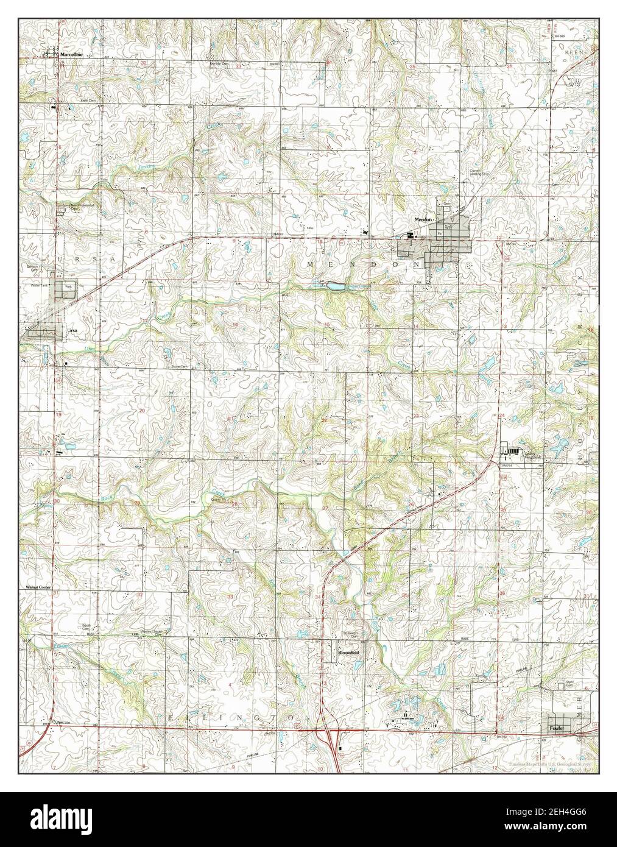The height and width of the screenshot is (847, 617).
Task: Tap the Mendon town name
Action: [423, 219]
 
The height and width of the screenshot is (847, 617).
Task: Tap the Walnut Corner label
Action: [37, 587]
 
